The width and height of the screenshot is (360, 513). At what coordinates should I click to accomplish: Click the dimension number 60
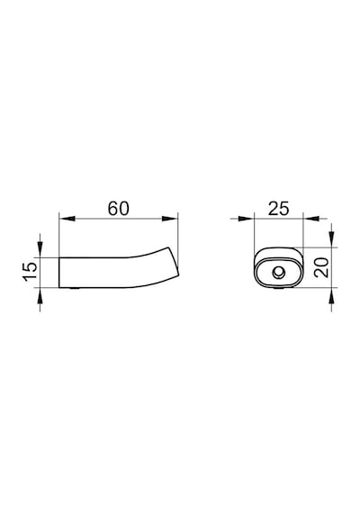coord(119,209)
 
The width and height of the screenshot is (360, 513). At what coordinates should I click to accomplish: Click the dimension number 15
coord(30,271)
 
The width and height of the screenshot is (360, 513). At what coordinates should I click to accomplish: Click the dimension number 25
coord(279,209)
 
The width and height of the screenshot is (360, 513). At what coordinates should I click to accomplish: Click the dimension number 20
coord(321,267)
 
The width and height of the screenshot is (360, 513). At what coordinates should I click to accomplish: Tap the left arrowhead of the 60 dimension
coord(67,218)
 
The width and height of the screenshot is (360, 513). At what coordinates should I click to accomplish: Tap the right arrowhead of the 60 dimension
coord(170,218)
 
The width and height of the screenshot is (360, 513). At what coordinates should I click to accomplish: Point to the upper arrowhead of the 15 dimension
coord(40,249)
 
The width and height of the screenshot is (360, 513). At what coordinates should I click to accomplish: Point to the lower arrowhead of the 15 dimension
coord(40,296)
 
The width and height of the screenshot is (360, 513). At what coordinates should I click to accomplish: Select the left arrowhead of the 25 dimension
coord(246,218)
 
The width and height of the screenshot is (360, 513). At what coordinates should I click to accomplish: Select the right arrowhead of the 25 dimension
coord(310,218)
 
